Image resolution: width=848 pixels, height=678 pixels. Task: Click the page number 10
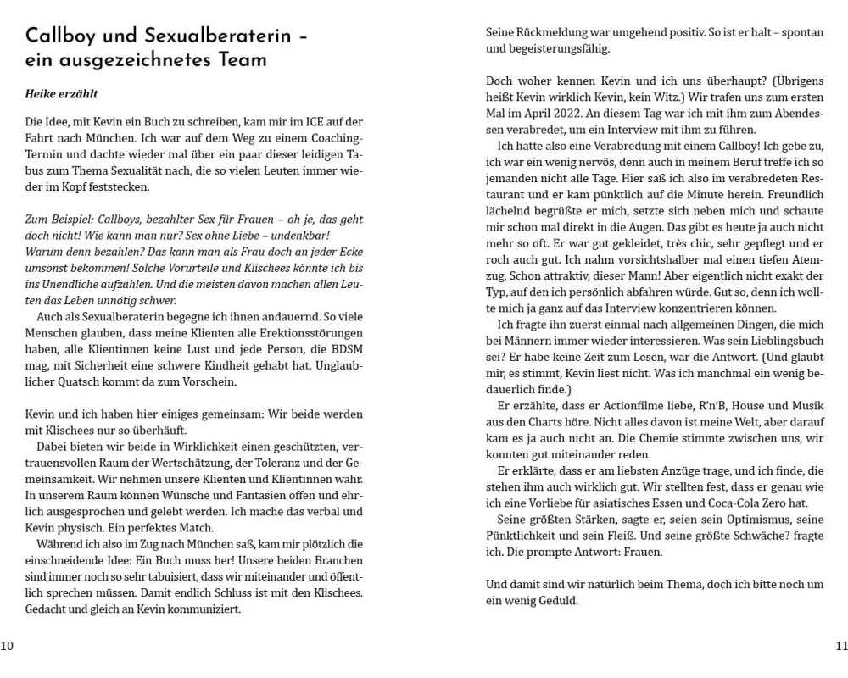point(7,646)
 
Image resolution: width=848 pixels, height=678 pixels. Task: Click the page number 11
point(840,646)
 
